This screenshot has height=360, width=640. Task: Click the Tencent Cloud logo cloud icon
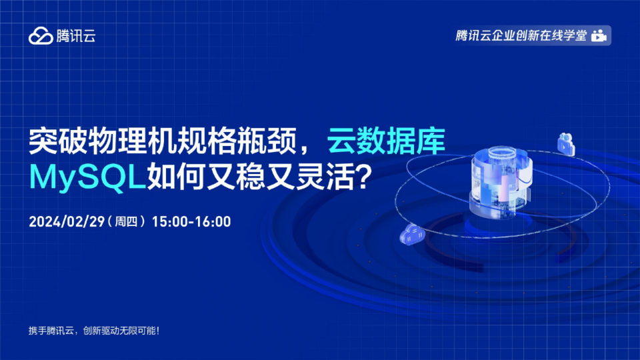click(41, 35)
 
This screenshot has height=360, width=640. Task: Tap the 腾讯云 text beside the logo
click(76, 36)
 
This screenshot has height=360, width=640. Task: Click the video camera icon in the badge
click(599, 35)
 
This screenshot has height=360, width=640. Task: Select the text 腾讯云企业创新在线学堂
click(521, 35)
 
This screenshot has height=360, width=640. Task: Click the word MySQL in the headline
click(88, 177)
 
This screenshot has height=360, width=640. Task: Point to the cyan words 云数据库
click(386, 141)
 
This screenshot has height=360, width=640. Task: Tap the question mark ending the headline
click(363, 177)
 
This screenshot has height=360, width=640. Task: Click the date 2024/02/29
click(67, 221)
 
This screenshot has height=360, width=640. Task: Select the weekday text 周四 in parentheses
click(126, 221)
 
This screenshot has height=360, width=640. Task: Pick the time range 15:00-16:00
click(191, 221)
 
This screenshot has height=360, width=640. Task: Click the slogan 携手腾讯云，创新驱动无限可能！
click(94, 331)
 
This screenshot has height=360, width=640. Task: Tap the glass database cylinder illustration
click(501, 181)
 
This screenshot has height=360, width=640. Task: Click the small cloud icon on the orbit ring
click(412, 235)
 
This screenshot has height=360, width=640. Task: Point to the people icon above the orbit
click(566, 144)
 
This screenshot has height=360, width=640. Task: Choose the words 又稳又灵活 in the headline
click(281, 177)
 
